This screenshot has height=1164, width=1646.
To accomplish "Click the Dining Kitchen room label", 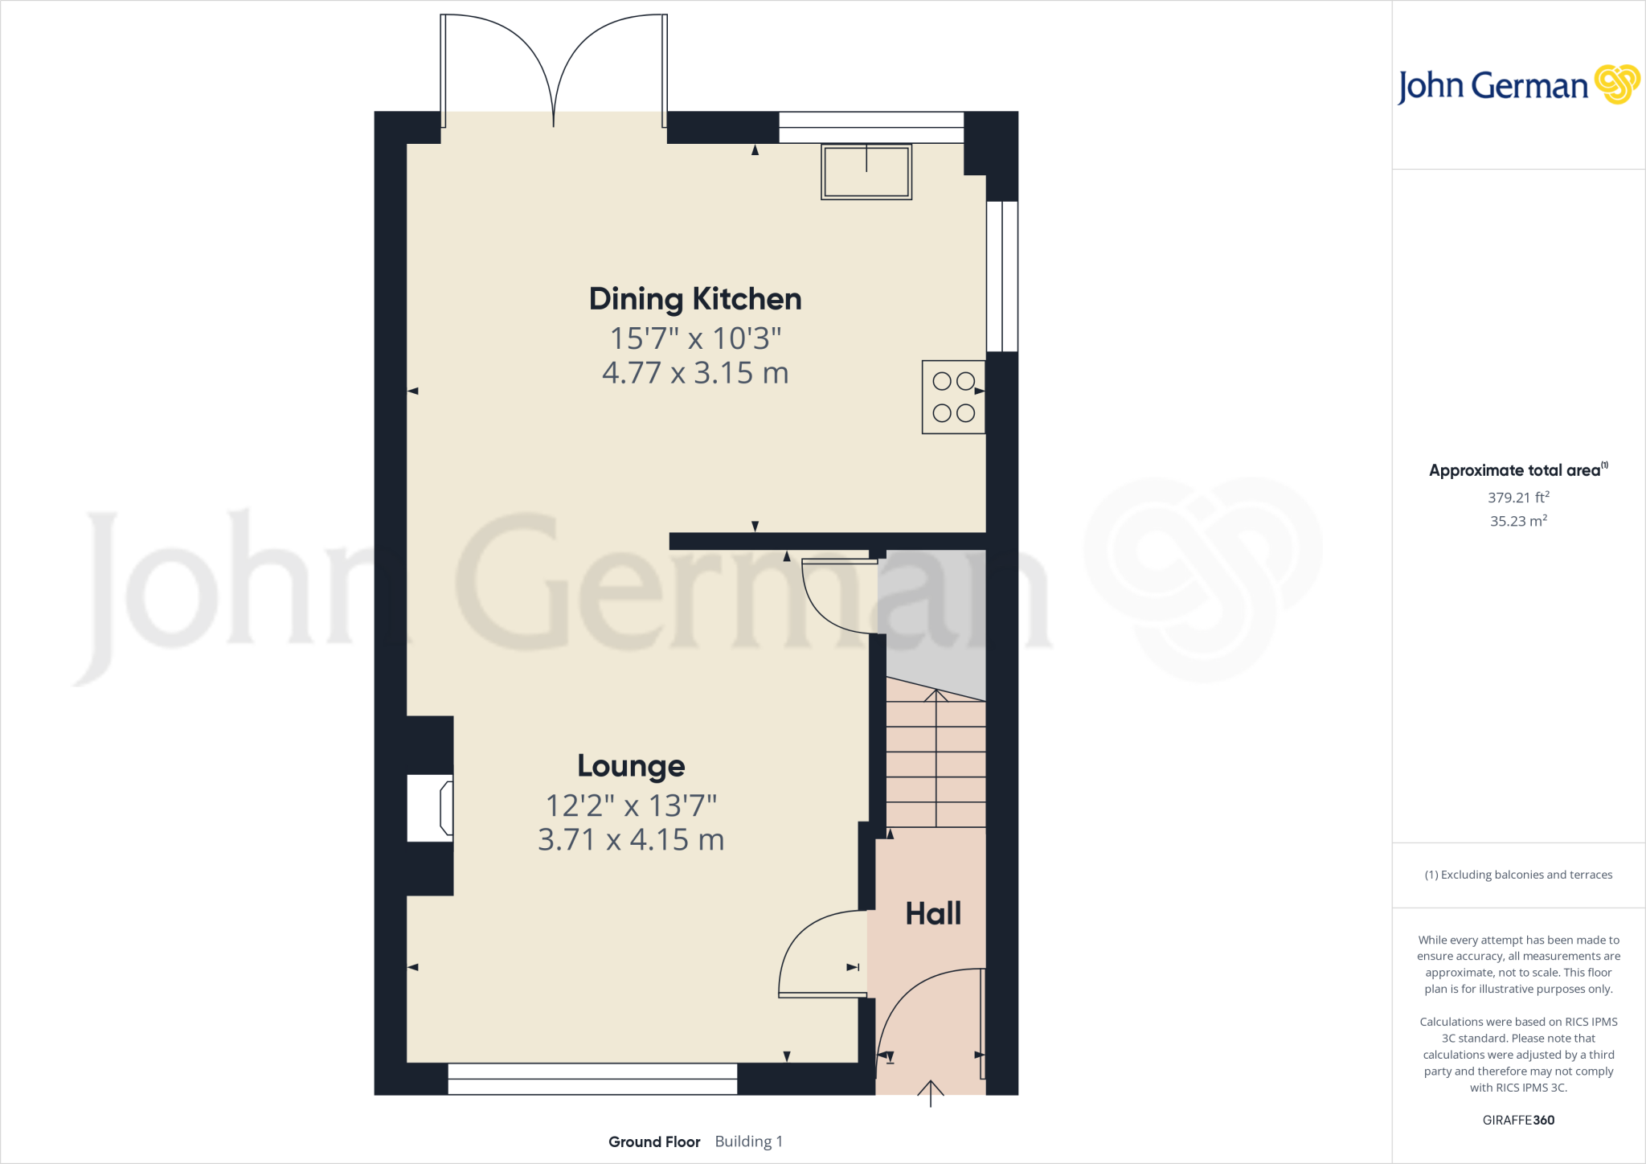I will [695, 299].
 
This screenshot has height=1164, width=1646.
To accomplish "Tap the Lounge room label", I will [631, 766].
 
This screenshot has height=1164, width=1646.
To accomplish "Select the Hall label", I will [933, 914].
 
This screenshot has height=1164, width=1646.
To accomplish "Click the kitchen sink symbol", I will [866, 171].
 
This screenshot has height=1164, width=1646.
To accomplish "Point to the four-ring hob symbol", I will [953, 397].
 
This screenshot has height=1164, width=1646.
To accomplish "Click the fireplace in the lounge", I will [431, 808].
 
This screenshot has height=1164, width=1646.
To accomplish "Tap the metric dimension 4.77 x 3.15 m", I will [695, 373].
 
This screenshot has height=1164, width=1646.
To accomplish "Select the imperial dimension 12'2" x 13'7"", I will [631, 805].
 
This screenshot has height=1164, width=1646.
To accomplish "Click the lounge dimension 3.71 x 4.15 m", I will [631, 840].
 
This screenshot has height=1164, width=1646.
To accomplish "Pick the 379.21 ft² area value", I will [1518, 498].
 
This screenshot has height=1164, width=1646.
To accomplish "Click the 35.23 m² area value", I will [1518, 521].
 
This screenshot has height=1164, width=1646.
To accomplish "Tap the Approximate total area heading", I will [1515, 471].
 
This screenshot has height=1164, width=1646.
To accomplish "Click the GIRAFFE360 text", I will [1518, 1120].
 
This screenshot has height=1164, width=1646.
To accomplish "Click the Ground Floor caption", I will [654, 1141].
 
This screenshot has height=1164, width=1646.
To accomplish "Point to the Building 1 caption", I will [748, 1141].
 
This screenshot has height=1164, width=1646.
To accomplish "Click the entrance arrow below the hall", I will [931, 1093].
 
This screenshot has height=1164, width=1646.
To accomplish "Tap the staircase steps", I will [936, 764].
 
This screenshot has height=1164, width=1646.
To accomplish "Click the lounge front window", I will [592, 1079].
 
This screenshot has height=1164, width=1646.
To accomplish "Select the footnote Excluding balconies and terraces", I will [1518, 875].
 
